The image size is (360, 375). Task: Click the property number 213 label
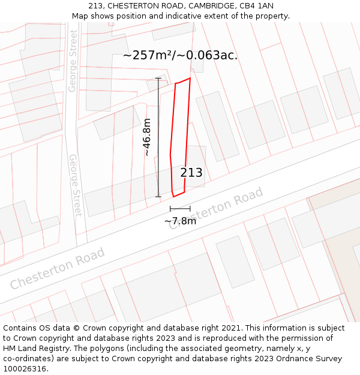point(191,173)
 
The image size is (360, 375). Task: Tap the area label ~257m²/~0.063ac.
point(180,55)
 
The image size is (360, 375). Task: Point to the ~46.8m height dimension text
point(146,137)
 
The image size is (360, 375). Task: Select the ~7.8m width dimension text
point(180,221)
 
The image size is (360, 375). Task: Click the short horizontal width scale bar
point(180,209)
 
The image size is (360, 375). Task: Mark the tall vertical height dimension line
point(158,137)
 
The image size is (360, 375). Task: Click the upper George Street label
point(73,61)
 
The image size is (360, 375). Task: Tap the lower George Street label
point(75,185)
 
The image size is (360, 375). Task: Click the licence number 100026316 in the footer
point(25,368)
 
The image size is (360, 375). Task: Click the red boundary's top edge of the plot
point(183,81)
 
